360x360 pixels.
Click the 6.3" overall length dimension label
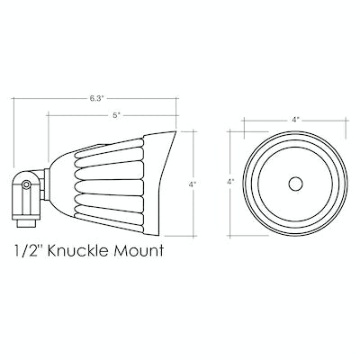pyautogui.click(x=96, y=98)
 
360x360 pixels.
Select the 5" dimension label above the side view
pyautogui.click(x=117, y=115)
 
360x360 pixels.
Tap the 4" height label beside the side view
pyautogui.click(x=192, y=184)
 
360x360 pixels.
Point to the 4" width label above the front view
pyautogui.click(x=296, y=120)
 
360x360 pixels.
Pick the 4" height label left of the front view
pyautogui.click(x=230, y=182)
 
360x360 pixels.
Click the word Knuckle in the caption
pyautogui.click(x=77, y=250)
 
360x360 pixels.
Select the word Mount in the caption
pyautogui.click(x=139, y=250)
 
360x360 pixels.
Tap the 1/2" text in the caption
pyautogui.click(x=28, y=250)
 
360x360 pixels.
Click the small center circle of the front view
pyautogui.click(x=295, y=184)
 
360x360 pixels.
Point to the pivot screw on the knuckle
pyautogui.click(x=26, y=184)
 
